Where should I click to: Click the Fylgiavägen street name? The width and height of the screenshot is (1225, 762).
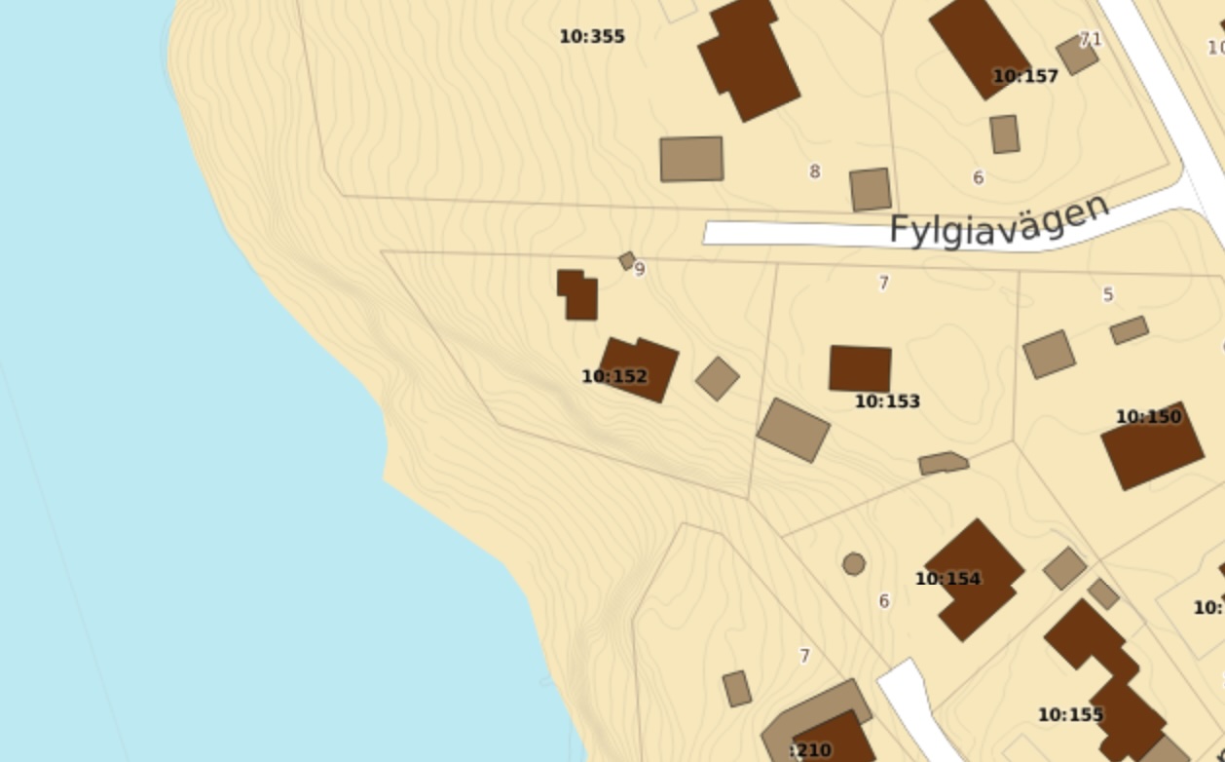click(x=999, y=221)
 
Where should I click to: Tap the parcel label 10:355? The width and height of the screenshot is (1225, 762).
click(x=592, y=37)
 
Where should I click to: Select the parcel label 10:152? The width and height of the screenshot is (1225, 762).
click(x=614, y=376)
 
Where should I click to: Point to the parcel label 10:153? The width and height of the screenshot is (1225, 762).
click(x=887, y=401)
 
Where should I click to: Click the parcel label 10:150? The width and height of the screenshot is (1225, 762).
click(x=1148, y=417)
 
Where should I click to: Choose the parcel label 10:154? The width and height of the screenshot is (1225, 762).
click(x=947, y=579)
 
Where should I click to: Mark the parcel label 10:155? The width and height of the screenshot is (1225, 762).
click(x=1070, y=715)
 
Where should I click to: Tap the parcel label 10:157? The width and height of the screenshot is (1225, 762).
click(x=1024, y=76)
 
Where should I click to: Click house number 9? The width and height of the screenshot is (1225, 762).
click(x=640, y=270)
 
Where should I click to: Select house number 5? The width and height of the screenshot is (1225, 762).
click(x=1107, y=294)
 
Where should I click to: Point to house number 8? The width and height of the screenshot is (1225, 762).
click(x=814, y=171)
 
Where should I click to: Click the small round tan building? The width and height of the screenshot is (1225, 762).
click(x=854, y=563)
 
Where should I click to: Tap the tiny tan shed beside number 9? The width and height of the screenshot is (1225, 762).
click(x=627, y=260)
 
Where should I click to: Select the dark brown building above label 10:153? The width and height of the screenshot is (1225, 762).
click(x=860, y=368)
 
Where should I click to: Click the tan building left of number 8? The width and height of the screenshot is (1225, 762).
click(x=691, y=159)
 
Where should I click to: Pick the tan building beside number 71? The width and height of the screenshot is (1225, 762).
click(x=1077, y=55)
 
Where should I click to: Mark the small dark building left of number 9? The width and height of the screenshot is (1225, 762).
click(x=577, y=294)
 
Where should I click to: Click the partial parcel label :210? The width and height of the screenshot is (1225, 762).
click(x=810, y=749)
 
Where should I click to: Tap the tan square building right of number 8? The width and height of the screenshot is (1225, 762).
click(x=871, y=189)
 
